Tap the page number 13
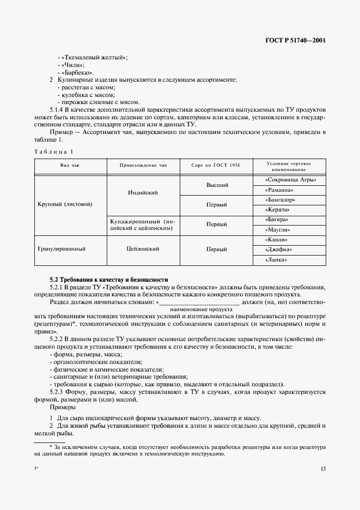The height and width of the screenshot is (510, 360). pos(322,468)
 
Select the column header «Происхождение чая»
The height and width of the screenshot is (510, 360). pos(143,165)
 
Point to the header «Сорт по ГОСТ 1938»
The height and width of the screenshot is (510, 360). pos(216,165)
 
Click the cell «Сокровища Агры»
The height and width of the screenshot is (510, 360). pos(290,180)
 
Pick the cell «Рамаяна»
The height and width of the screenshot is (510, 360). pos(290,190)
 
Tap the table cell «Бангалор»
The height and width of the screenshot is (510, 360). pos(290,200)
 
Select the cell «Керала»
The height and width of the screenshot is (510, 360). pos(290,210)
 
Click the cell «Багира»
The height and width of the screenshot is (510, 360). pos(290,220)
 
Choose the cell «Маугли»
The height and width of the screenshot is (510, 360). pos(290,229)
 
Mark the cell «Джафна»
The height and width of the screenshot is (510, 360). pos(290,250)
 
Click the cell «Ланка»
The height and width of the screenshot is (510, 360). pos(290,260)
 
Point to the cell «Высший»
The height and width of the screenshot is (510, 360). pos(216,185)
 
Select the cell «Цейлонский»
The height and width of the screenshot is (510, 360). pos(143,250)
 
